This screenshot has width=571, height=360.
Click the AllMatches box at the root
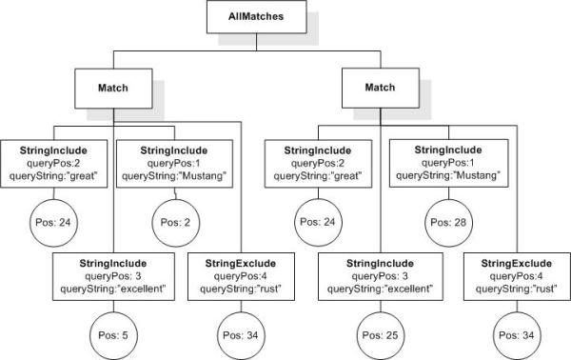[256, 17]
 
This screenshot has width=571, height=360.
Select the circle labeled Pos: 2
[175, 223]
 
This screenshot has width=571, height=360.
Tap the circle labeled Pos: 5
[113, 335]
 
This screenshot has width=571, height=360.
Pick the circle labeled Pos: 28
[448, 223]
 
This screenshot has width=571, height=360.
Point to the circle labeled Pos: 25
[381, 335]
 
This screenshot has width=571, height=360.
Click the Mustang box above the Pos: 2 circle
[174, 164]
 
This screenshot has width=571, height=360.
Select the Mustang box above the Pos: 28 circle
[448, 163]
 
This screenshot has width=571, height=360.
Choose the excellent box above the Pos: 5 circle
[113, 276]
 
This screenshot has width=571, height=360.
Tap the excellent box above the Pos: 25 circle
[381, 276]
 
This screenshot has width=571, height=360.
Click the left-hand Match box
[113, 89]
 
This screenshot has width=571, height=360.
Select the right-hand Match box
[381, 88]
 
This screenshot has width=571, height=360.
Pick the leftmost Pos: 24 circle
[53, 223]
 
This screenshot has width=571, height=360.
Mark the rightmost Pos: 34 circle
[517, 335]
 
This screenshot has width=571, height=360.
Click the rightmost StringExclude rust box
[517, 276]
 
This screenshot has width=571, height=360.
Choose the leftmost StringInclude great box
[54, 164]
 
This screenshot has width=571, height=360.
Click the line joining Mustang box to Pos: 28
[448, 193]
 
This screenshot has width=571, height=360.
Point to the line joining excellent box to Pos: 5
[113, 307]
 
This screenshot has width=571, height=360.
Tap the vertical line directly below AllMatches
[256, 42]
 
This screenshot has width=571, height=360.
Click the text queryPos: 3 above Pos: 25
[380, 276]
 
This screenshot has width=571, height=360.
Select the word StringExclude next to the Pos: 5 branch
[241, 264]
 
